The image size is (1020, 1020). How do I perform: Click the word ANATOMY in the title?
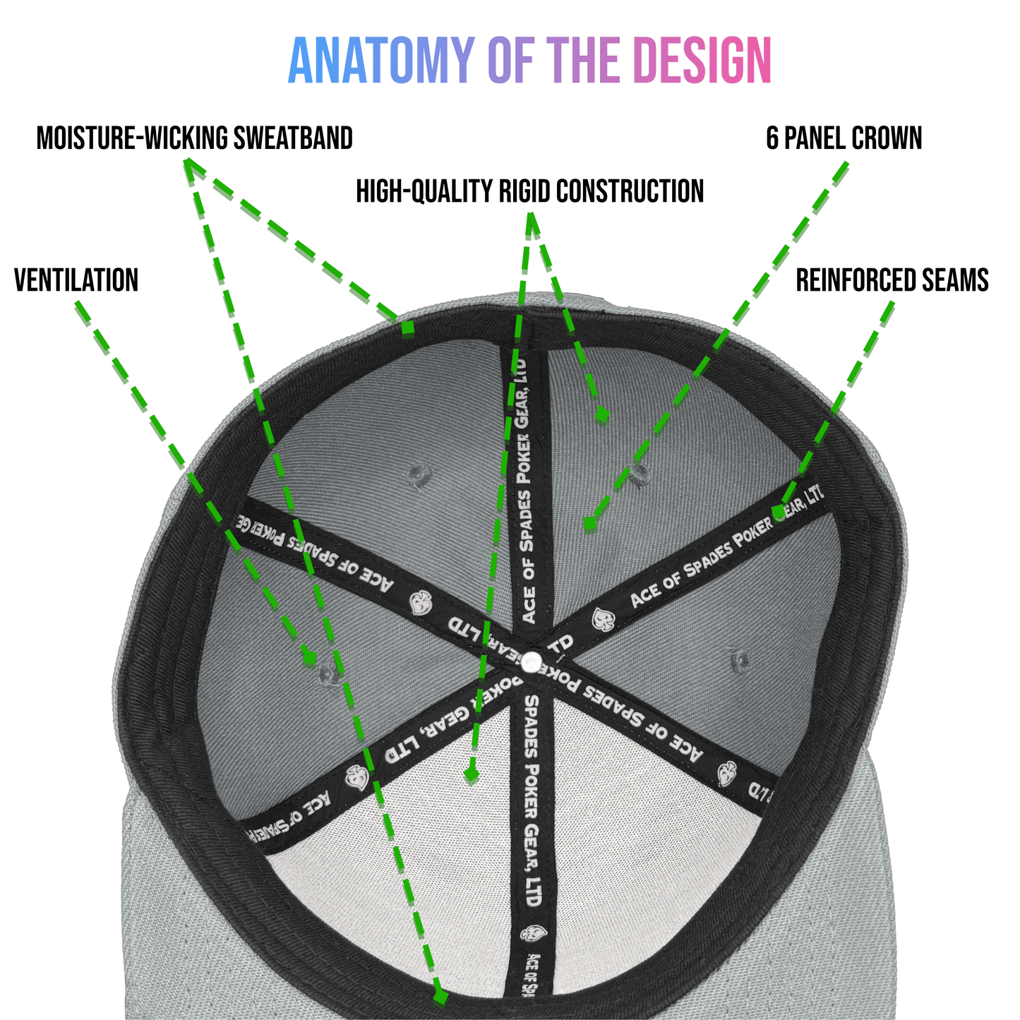(x=380, y=61)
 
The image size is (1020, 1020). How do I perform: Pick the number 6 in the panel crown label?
(x=773, y=138)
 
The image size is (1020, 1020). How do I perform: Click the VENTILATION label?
(x=76, y=281)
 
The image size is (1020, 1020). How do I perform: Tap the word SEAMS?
(x=957, y=281)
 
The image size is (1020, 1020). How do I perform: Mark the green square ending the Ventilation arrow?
(x=309, y=659)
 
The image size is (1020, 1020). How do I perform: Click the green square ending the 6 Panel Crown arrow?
(x=590, y=524)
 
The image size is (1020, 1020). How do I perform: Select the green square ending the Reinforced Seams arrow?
(x=777, y=510)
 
